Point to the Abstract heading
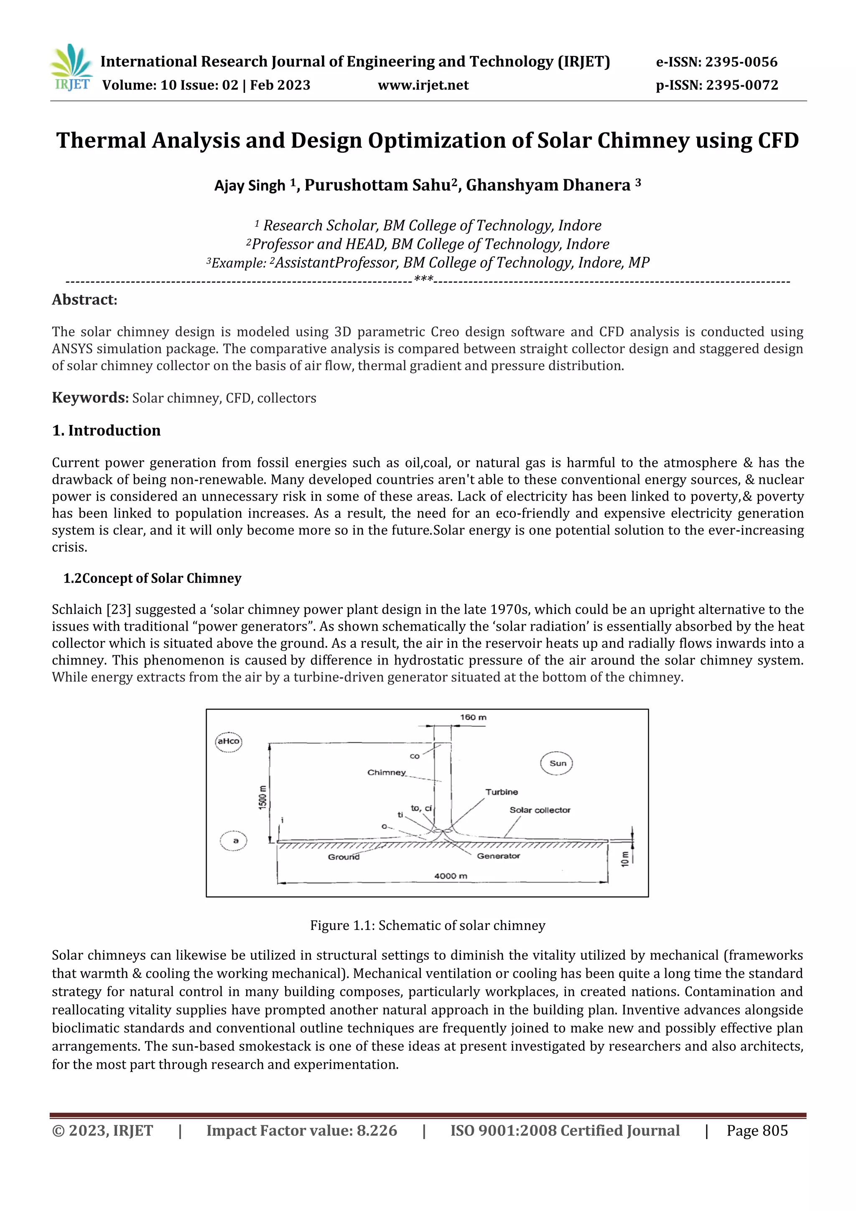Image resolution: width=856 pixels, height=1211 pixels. (84, 300)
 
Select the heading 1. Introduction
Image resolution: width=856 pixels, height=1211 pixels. (107, 430)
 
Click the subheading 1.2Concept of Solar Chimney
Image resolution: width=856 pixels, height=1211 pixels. (152, 579)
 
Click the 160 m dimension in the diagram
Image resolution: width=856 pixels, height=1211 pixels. (473, 717)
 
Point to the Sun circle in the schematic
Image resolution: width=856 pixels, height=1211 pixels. (557, 763)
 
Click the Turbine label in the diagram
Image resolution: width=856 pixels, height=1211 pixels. (501, 792)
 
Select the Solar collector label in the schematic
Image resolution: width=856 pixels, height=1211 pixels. (539, 810)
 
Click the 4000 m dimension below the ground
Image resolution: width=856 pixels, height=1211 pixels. (450, 876)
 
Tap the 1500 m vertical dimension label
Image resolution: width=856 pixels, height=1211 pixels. (262, 797)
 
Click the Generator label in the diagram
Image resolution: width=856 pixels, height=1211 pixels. (498, 856)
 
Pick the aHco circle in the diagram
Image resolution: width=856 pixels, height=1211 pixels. (228, 741)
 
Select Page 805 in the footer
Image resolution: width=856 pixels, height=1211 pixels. (757, 1131)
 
